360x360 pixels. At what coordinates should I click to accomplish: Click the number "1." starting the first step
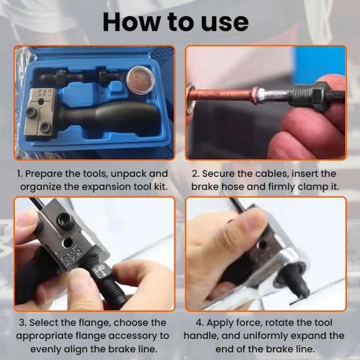click(x=20, y=174)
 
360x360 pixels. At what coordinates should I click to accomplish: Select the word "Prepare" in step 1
click(x=44, y=174)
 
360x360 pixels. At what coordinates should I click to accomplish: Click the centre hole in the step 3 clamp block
click(x=68, y=242)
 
